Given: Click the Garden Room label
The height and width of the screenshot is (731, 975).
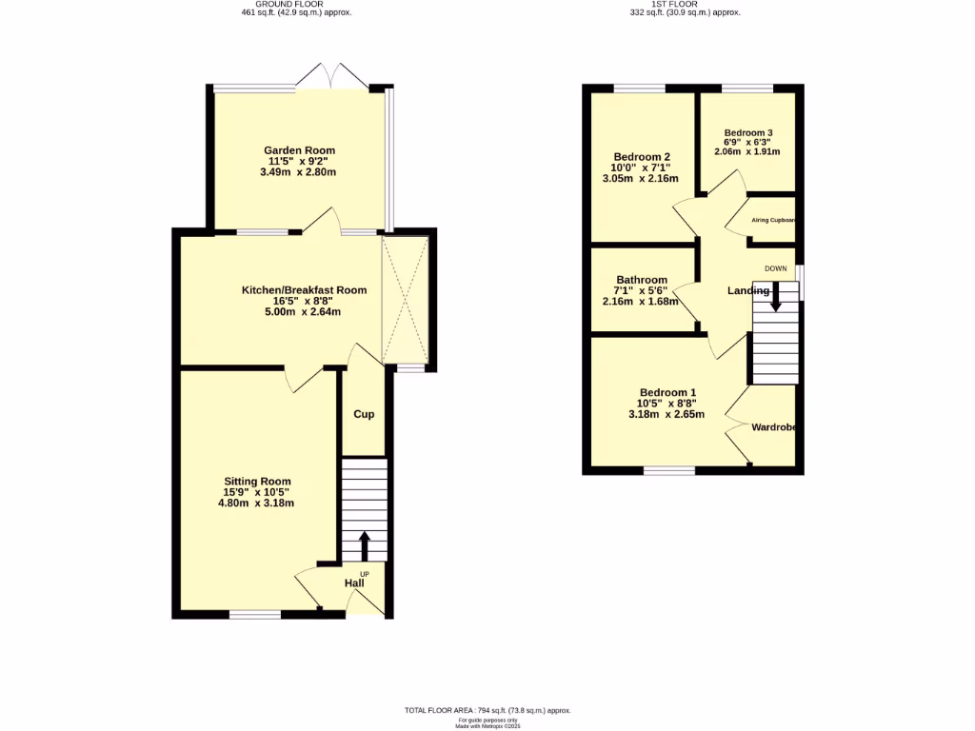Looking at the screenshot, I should [x=299, y=150].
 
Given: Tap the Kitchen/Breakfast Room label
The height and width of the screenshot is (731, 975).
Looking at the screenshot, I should [x=304, y=290].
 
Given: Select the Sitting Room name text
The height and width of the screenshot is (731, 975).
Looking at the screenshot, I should [x=257, y=482].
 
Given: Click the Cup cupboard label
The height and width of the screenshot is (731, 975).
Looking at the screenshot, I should [x=364, y=415].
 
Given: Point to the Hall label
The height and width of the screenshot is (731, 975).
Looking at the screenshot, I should [x=353, y=583].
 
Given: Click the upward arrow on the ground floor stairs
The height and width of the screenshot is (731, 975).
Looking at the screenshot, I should [x=364, y=545].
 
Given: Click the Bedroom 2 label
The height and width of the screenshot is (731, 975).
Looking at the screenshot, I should [x=642, y=157].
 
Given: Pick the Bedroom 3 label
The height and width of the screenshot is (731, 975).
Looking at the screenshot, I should [x=747, y=133].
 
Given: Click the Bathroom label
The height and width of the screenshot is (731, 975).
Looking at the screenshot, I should [x=641, y=280].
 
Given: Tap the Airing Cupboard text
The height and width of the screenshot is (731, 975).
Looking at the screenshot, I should [x=773, y=221].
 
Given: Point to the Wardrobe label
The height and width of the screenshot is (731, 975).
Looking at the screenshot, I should [x=773, y=427].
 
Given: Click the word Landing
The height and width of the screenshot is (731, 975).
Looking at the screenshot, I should [x=748, y=290].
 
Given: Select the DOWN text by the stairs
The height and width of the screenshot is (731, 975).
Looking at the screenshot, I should [x=775, y=268].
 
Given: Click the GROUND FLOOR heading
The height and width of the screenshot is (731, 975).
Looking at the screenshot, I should [x=296, y=4].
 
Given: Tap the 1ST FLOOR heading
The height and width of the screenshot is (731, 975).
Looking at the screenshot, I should [x=670, y=4].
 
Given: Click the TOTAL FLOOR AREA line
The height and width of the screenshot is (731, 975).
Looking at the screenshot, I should [x=487, y=711].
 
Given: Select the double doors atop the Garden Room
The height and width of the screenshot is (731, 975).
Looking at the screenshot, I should [x=332, y=76].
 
